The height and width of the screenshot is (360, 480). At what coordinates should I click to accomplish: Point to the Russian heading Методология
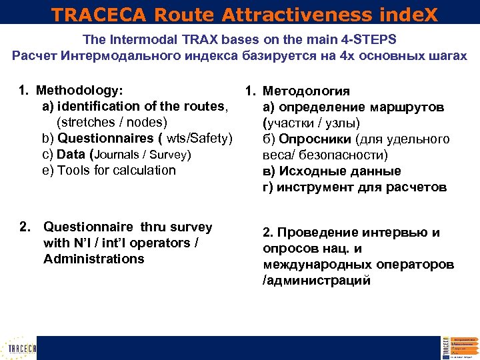(x=306, y=91)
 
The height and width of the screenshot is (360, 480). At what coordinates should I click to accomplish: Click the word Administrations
(x=93, y=259)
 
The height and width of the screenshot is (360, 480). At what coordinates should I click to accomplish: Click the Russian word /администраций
(x=317, y=281)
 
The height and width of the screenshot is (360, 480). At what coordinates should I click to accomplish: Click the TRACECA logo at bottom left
(x=19, y=348)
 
